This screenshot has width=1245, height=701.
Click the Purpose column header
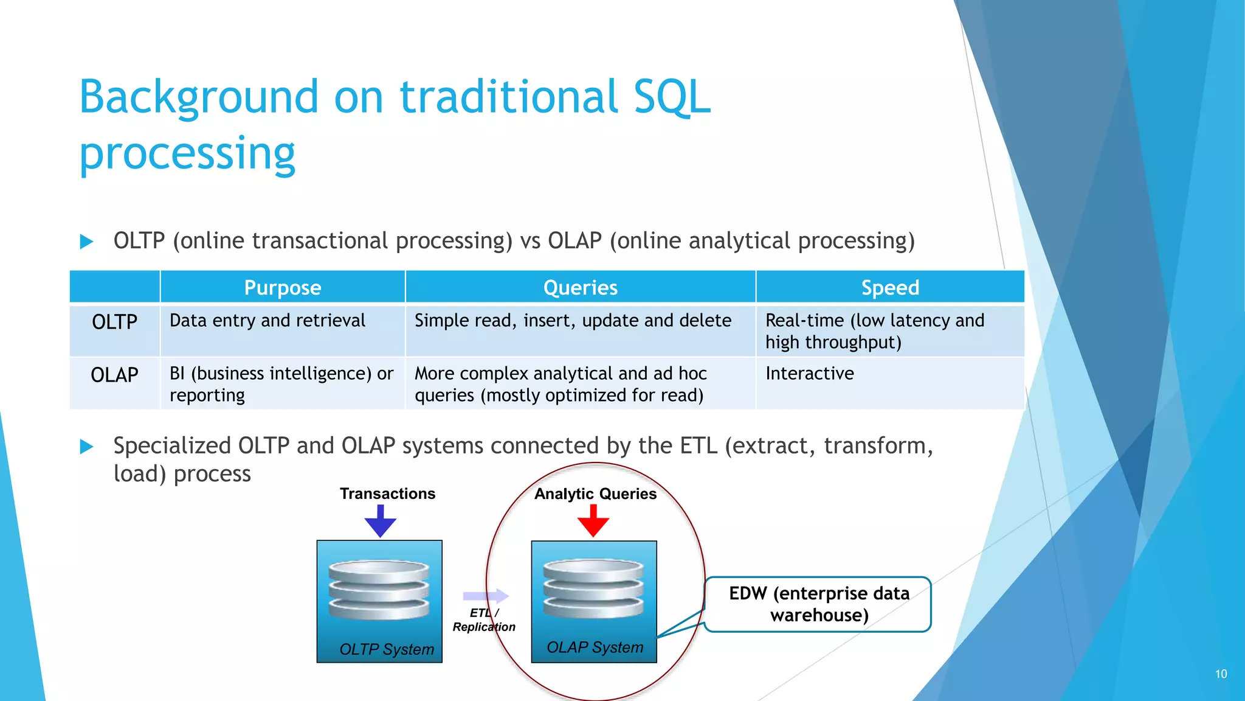point(282,287)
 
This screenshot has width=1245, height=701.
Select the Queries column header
point(580,287)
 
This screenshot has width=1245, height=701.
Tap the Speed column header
point(890,287)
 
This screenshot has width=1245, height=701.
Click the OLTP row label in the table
point(114,322)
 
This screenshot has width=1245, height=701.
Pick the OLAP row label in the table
point(114,375)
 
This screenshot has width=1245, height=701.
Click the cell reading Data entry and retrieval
point(267,321)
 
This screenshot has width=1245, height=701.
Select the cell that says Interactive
point(809,374)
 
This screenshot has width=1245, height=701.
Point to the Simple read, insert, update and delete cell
point(573,321)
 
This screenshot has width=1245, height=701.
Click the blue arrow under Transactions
point(381,521)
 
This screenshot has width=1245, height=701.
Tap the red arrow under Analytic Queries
point(593,521)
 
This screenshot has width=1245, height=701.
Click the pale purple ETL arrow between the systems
point(486,596)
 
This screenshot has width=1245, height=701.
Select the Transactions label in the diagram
point(387,493)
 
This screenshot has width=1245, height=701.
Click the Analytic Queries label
point(595,493)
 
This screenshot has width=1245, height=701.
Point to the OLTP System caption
point(387,649)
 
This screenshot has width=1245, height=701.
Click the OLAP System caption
point(595,647)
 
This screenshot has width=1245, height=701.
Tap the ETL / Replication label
point(484,620)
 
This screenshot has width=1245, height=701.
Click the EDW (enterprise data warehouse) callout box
point(818,604)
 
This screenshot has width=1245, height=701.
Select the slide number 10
point(1221,674)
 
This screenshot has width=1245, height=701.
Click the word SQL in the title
point(671,97)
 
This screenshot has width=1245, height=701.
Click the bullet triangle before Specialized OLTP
point(87,447)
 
